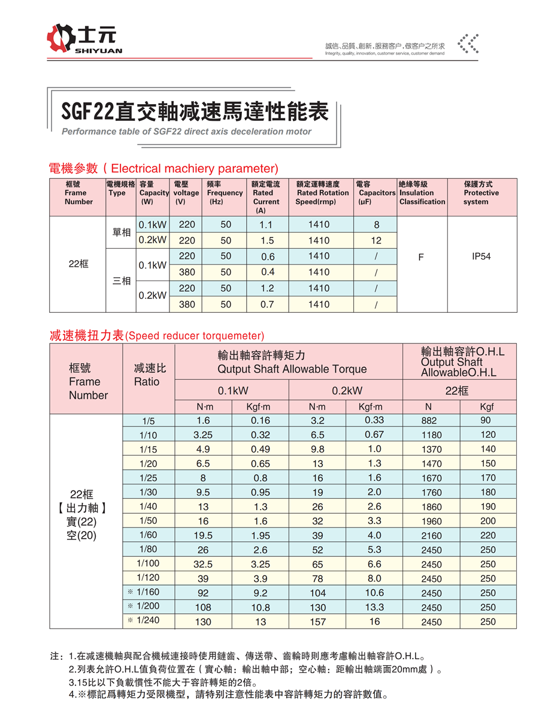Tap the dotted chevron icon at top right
coord(468,44)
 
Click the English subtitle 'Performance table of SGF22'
coord(186,132)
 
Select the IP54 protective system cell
coord(482,257)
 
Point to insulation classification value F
coord(421,257)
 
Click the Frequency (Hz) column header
coord(225,193)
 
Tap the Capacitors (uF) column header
coord(376,193)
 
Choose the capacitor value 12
coord(376,240)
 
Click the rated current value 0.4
coord(268,272)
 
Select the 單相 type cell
coord(122,232)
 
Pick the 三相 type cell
coord(122,281)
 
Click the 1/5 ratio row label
coord(149,421)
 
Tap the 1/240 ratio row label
coord(148,620)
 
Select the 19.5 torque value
coord(204,535)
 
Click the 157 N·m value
coord(317,622)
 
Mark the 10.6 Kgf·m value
coord(374,593)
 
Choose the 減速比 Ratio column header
coord(150,375)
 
